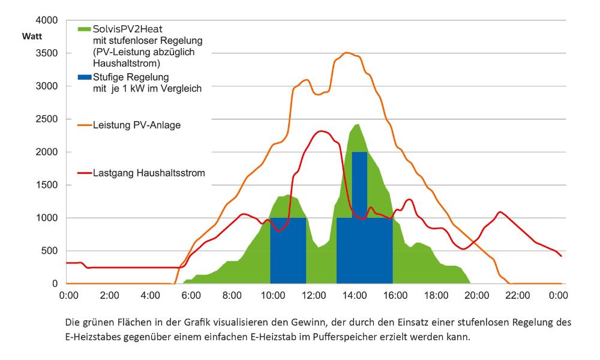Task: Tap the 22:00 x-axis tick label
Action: pos(517,295)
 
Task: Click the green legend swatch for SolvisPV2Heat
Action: pos(85,29)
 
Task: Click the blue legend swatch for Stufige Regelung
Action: pos(85,77)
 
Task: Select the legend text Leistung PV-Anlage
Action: pos(137,125)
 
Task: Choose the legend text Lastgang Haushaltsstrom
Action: pos(149,173)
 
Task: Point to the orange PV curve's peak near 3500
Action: pos(347,53)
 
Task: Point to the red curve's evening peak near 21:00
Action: pos(500,212)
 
